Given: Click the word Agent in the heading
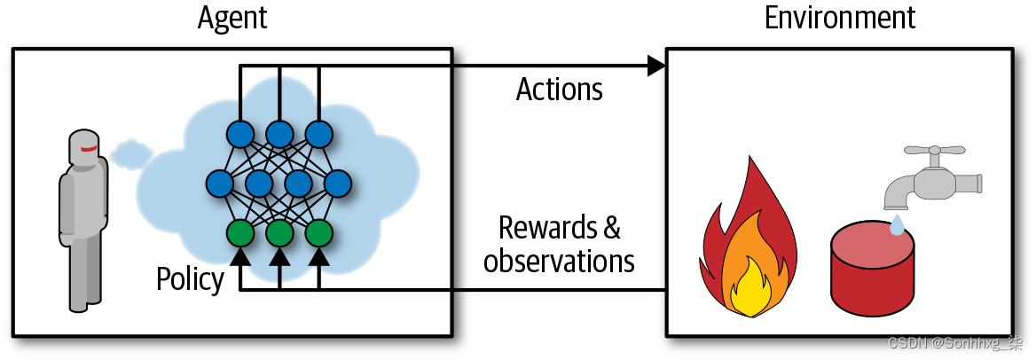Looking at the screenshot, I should [232, 18].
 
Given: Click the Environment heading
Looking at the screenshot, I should [839, 18].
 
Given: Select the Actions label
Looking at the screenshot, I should [559, 90].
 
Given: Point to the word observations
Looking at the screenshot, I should [559, 261].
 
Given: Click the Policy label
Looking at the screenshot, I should [190, 279].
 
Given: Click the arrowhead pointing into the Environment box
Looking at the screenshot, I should [656, 65].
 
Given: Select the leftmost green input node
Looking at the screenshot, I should [240, 232].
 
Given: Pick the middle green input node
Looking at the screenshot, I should [279, 232].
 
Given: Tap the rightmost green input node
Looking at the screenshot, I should [318, 232].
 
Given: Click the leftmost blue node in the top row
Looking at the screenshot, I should [240, 135].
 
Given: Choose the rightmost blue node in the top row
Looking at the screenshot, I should [318, 135].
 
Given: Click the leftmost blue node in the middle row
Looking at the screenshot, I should [220, 184].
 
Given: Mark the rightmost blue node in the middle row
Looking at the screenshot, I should [338, 184].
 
